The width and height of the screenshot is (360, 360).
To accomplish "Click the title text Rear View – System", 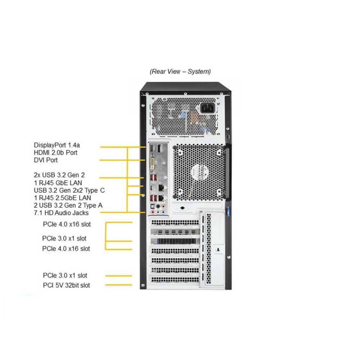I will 180,71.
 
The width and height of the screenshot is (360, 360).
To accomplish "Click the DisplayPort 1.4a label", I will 57,145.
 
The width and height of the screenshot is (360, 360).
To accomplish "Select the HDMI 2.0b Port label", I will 55,153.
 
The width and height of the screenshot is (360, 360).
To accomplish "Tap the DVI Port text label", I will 46,160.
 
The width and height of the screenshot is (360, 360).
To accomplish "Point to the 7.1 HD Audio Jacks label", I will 61,213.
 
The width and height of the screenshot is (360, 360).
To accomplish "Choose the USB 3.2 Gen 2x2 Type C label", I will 69,190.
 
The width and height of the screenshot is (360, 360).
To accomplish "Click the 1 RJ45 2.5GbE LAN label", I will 62,198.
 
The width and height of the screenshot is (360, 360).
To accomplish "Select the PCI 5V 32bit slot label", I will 66,285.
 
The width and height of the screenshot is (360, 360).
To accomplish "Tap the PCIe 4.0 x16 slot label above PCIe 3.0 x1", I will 67,224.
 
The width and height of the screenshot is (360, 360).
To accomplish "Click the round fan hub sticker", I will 199,172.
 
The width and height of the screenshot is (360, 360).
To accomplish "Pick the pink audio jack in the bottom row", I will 158,212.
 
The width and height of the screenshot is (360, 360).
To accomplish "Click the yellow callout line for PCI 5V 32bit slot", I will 119,285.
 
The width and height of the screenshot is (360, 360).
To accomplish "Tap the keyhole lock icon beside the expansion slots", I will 218,249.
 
